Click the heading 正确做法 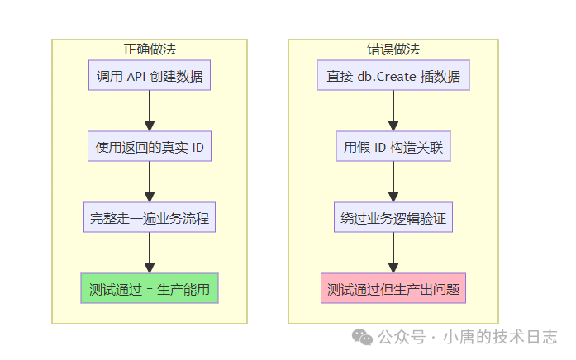pos(149,49)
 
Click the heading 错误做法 pos(393,49)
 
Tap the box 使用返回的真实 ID pos(150,148)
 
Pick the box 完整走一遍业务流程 pos(150,219)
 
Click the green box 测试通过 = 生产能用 pos(150,290)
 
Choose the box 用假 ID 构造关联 pos(393,148)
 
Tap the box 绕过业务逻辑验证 pos(393,219)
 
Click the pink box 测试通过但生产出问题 pos(393,290)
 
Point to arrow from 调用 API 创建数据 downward pos(150,111)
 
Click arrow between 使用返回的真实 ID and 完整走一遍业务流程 pos(150,182)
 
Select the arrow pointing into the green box pos(150,254)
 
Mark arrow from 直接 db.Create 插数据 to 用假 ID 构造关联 pos(393,111)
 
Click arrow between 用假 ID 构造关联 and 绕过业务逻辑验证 pos(393,182)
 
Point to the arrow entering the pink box pos(393,254)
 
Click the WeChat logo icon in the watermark pos(362,337)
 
